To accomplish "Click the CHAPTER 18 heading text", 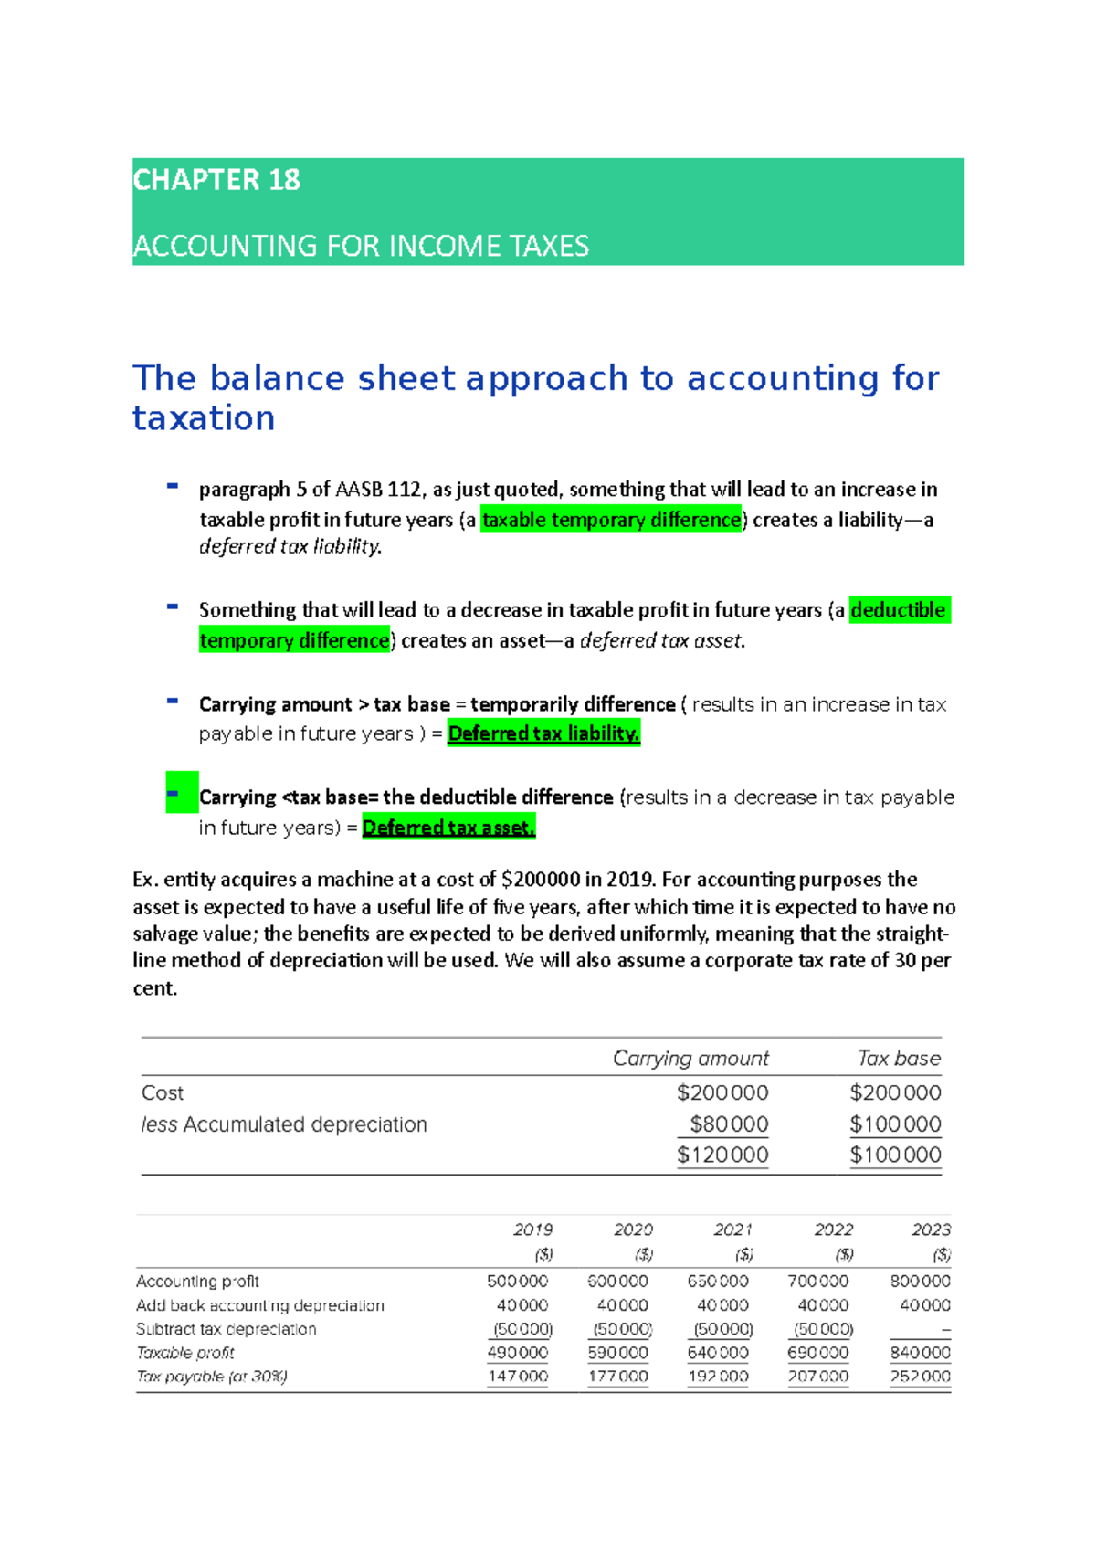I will coord(216,180).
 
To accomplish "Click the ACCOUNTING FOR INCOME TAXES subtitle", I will coord(361,246).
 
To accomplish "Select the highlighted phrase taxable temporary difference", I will coord(611,520).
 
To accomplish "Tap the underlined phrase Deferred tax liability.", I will coord(543,733).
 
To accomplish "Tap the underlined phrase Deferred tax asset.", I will coord(448,828).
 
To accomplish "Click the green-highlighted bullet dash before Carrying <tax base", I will coord(181,793).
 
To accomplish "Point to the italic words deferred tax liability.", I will coord(290,546).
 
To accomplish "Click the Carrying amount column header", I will coord(690,1058).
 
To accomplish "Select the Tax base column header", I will coord(899,1058).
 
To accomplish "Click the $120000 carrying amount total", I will coord(722,1155).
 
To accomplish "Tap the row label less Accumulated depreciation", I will coord(284,1124).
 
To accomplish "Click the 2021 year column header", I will coord(732,1229).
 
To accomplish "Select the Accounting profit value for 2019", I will coord(517,1282).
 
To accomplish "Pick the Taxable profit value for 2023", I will coord(920,1352).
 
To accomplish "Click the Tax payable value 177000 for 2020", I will coord(617,1376).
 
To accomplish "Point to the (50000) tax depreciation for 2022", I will coord(823,1329).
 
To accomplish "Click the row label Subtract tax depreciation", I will coord(226,1329).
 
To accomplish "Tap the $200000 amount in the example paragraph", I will coord(540,880).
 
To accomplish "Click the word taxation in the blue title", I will coord(204,418).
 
